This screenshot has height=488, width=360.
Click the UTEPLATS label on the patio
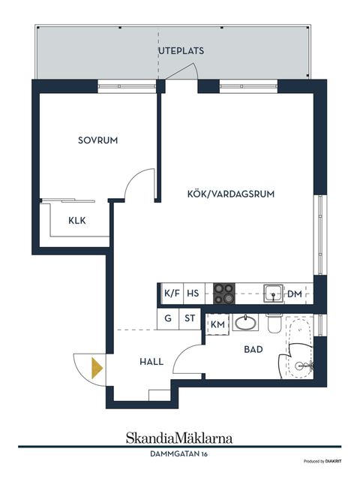tap(181, 50)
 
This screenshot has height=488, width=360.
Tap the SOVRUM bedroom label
tap(98, 140)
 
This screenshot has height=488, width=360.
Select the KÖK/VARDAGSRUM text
tap(230, 193)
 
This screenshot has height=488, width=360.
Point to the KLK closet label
tap(77, 221)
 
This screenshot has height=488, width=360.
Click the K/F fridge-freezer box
tap(172, 294)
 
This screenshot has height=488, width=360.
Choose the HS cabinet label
tap(193, 294)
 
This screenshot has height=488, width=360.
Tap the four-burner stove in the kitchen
tap(224, 293)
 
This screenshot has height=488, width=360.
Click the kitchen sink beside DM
tap(273, 293)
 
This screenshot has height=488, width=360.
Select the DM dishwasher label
tap(295, 294)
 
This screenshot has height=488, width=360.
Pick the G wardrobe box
tap(169, 318)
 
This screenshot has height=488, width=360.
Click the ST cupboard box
tap(190, 318)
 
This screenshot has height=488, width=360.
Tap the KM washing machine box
tap(217, 324)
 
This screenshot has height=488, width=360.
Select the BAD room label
tap(252, 350)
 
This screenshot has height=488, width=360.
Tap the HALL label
tap(151, 361)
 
